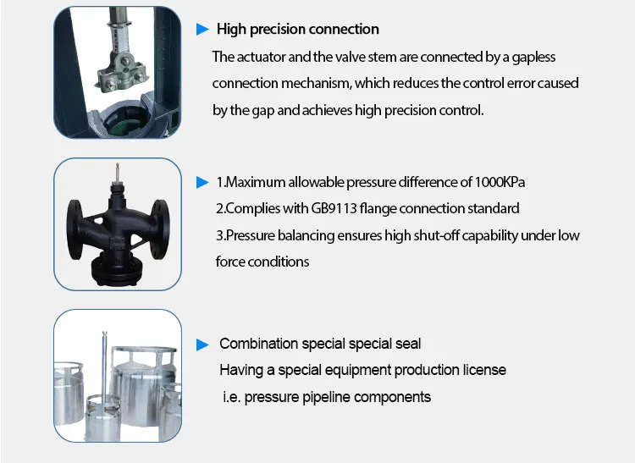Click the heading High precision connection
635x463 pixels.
pos(297,30)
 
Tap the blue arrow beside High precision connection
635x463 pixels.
pos(202,30)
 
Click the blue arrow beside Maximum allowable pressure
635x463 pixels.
pos(202,183)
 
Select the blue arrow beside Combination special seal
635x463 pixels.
pos(202,344)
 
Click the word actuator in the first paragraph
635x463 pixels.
pos(261,58)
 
